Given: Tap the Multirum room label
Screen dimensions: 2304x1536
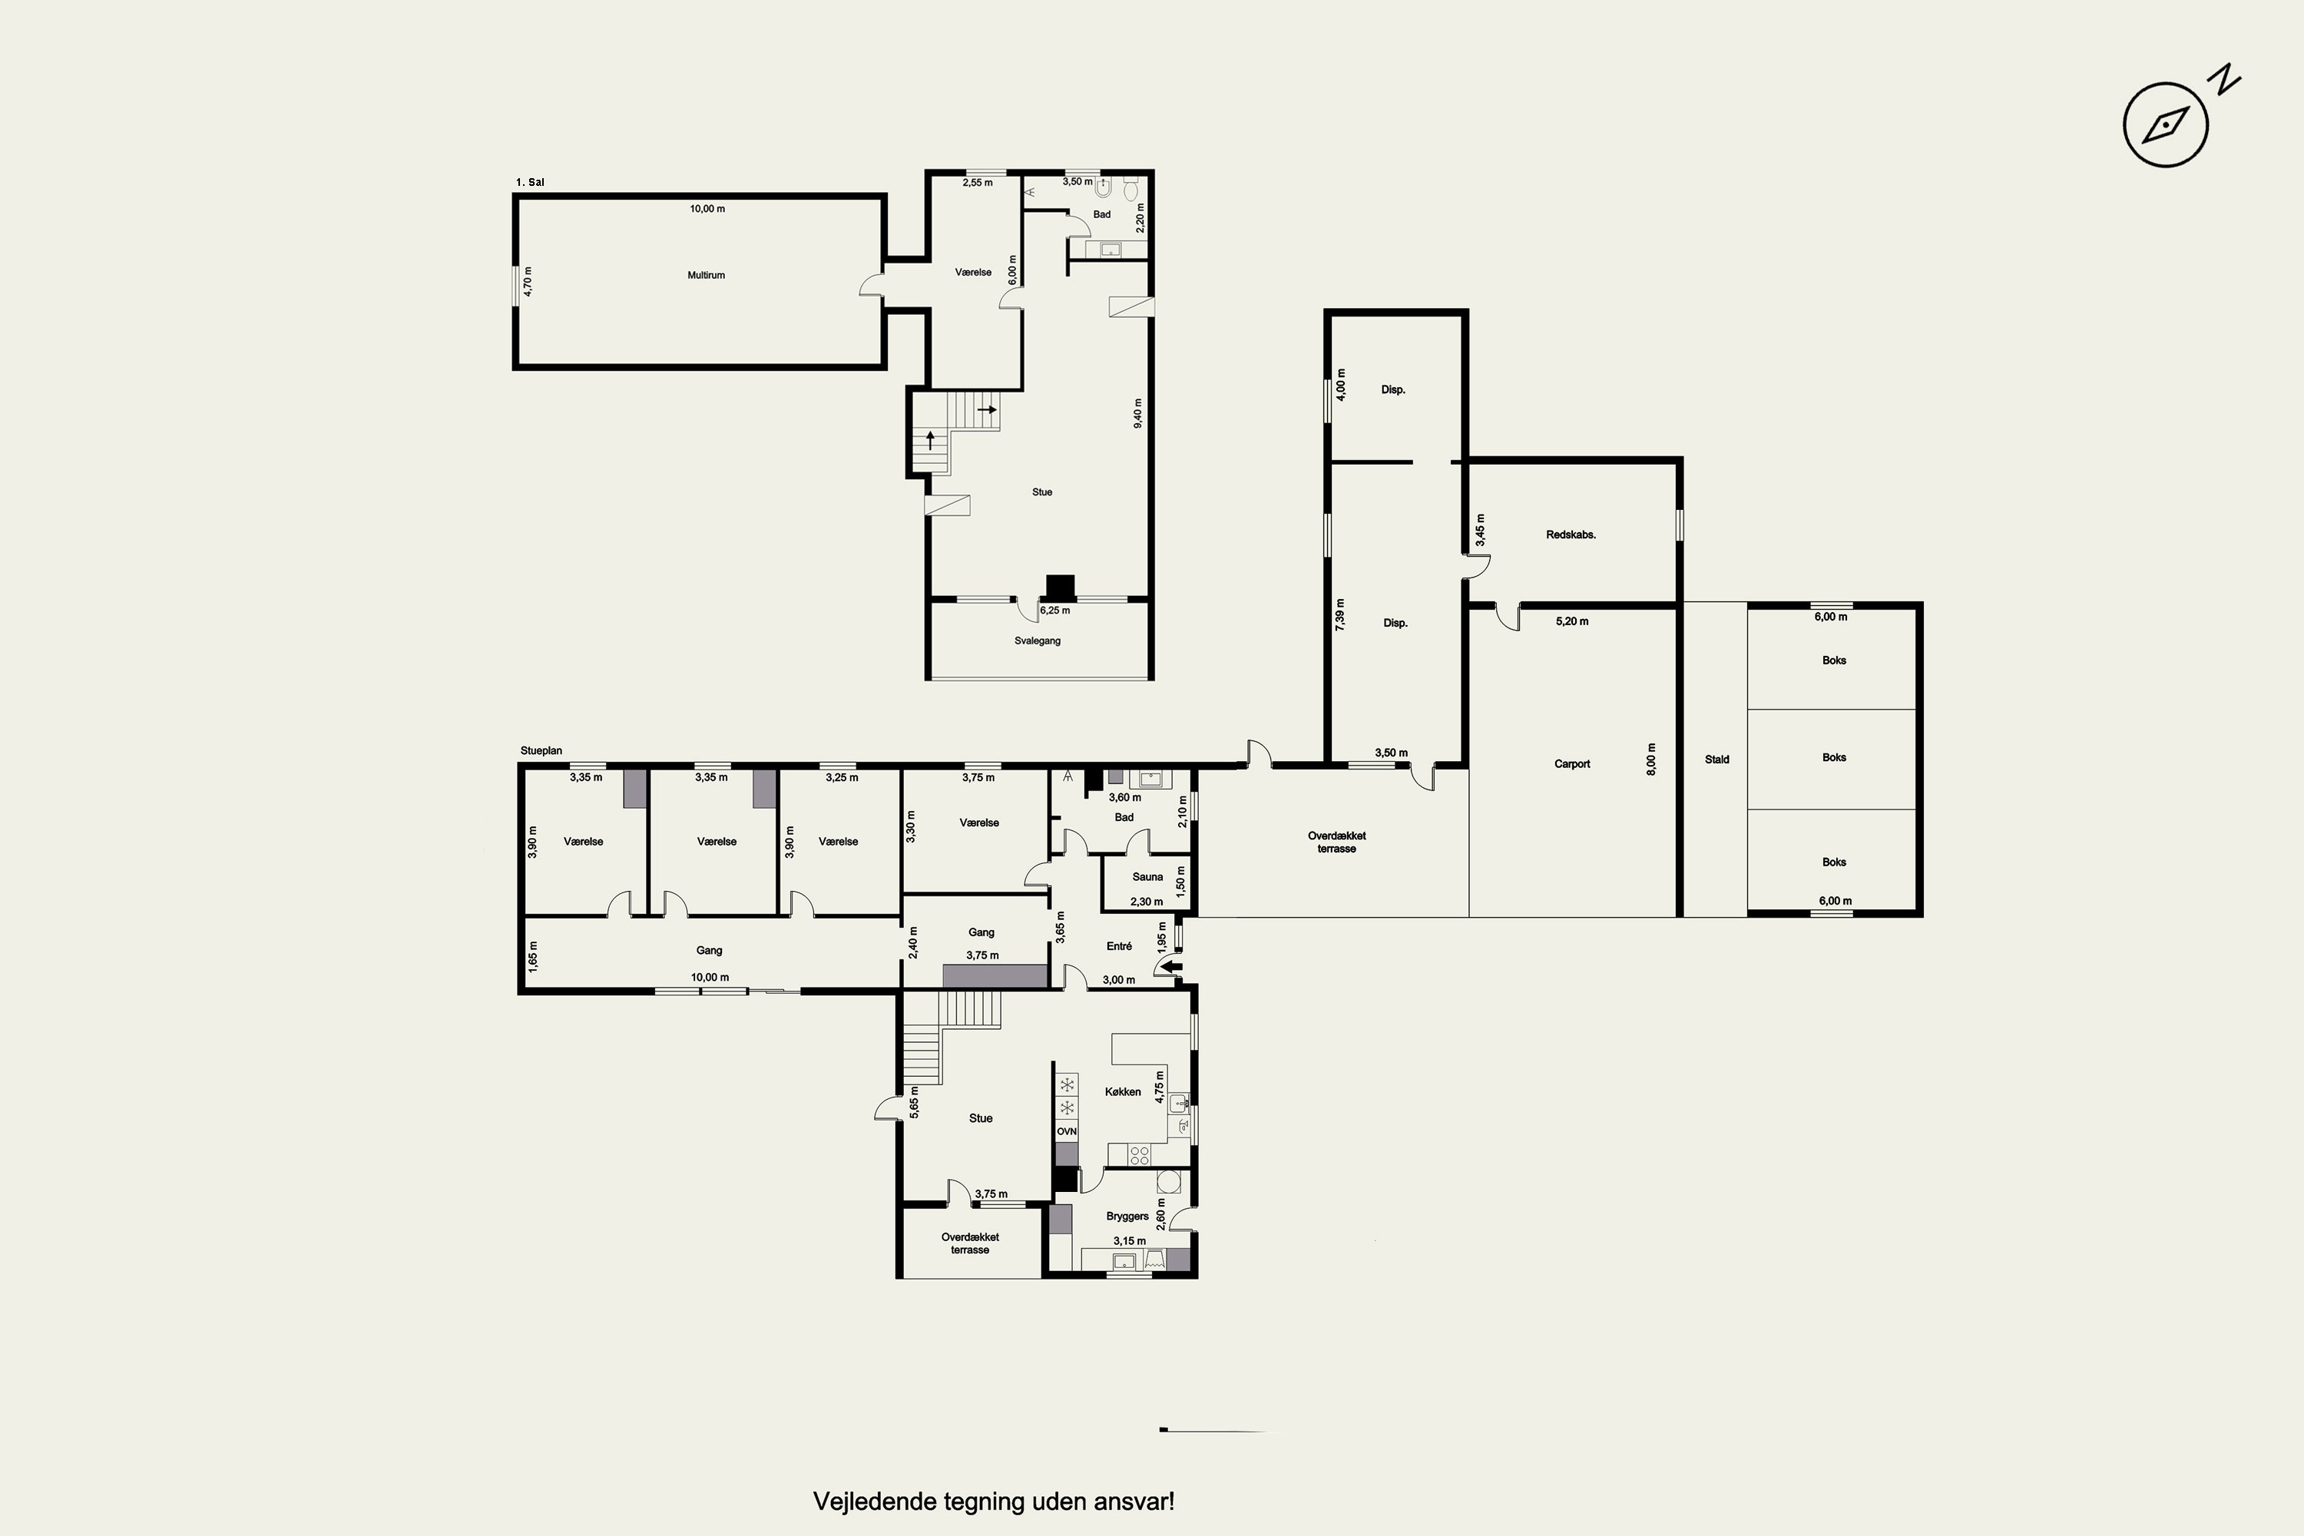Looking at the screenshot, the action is click(x=707, y=275).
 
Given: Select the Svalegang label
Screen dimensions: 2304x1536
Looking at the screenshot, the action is click(x=1038, y=641).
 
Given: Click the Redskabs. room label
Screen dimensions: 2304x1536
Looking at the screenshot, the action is click(x=1571, y=535).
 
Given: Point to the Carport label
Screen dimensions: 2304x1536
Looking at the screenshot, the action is click(x=1572, y=764).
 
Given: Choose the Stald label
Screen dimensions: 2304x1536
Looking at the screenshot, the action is click(x=1717, y=760).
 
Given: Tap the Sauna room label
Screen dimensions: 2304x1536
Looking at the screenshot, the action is click(x=1148, y=877).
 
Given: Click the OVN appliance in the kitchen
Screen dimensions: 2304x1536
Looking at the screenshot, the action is click(x=1067, y=1131).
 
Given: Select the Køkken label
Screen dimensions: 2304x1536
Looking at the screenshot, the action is click(x=1123, y=1091).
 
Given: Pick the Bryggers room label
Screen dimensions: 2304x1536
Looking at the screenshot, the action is click(x=1127, y=1216).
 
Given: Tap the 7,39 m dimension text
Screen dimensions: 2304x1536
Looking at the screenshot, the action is click(x=1340, y=614).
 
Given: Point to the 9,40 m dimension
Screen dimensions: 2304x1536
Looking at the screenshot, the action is click(x=1137, y=412).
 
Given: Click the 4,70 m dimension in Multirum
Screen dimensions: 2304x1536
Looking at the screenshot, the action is click(x=528, y=281).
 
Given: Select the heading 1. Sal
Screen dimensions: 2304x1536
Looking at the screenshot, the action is click(x=530, y=182).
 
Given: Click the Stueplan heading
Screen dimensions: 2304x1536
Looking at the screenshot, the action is click(x=541, y=751).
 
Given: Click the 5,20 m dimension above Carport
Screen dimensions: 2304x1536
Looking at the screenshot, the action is click(x=1572, y=621).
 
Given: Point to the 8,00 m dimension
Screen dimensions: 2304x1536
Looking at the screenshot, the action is click(x=1652, y=760).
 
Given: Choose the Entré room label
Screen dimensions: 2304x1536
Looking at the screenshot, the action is click(x=1119, y=946).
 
